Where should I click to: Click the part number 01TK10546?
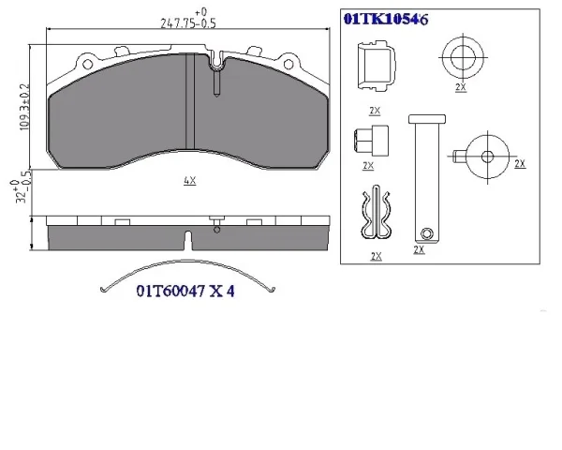386,19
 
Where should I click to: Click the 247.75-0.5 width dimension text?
188,23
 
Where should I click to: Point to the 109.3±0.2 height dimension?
24,107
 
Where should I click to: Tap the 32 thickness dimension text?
21,191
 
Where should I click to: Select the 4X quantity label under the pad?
189,181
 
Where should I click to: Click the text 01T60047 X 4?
185,291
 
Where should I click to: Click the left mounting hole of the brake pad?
87,65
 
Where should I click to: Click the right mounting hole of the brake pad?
288,65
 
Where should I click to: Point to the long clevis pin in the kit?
427,179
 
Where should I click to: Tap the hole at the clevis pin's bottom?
426,233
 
